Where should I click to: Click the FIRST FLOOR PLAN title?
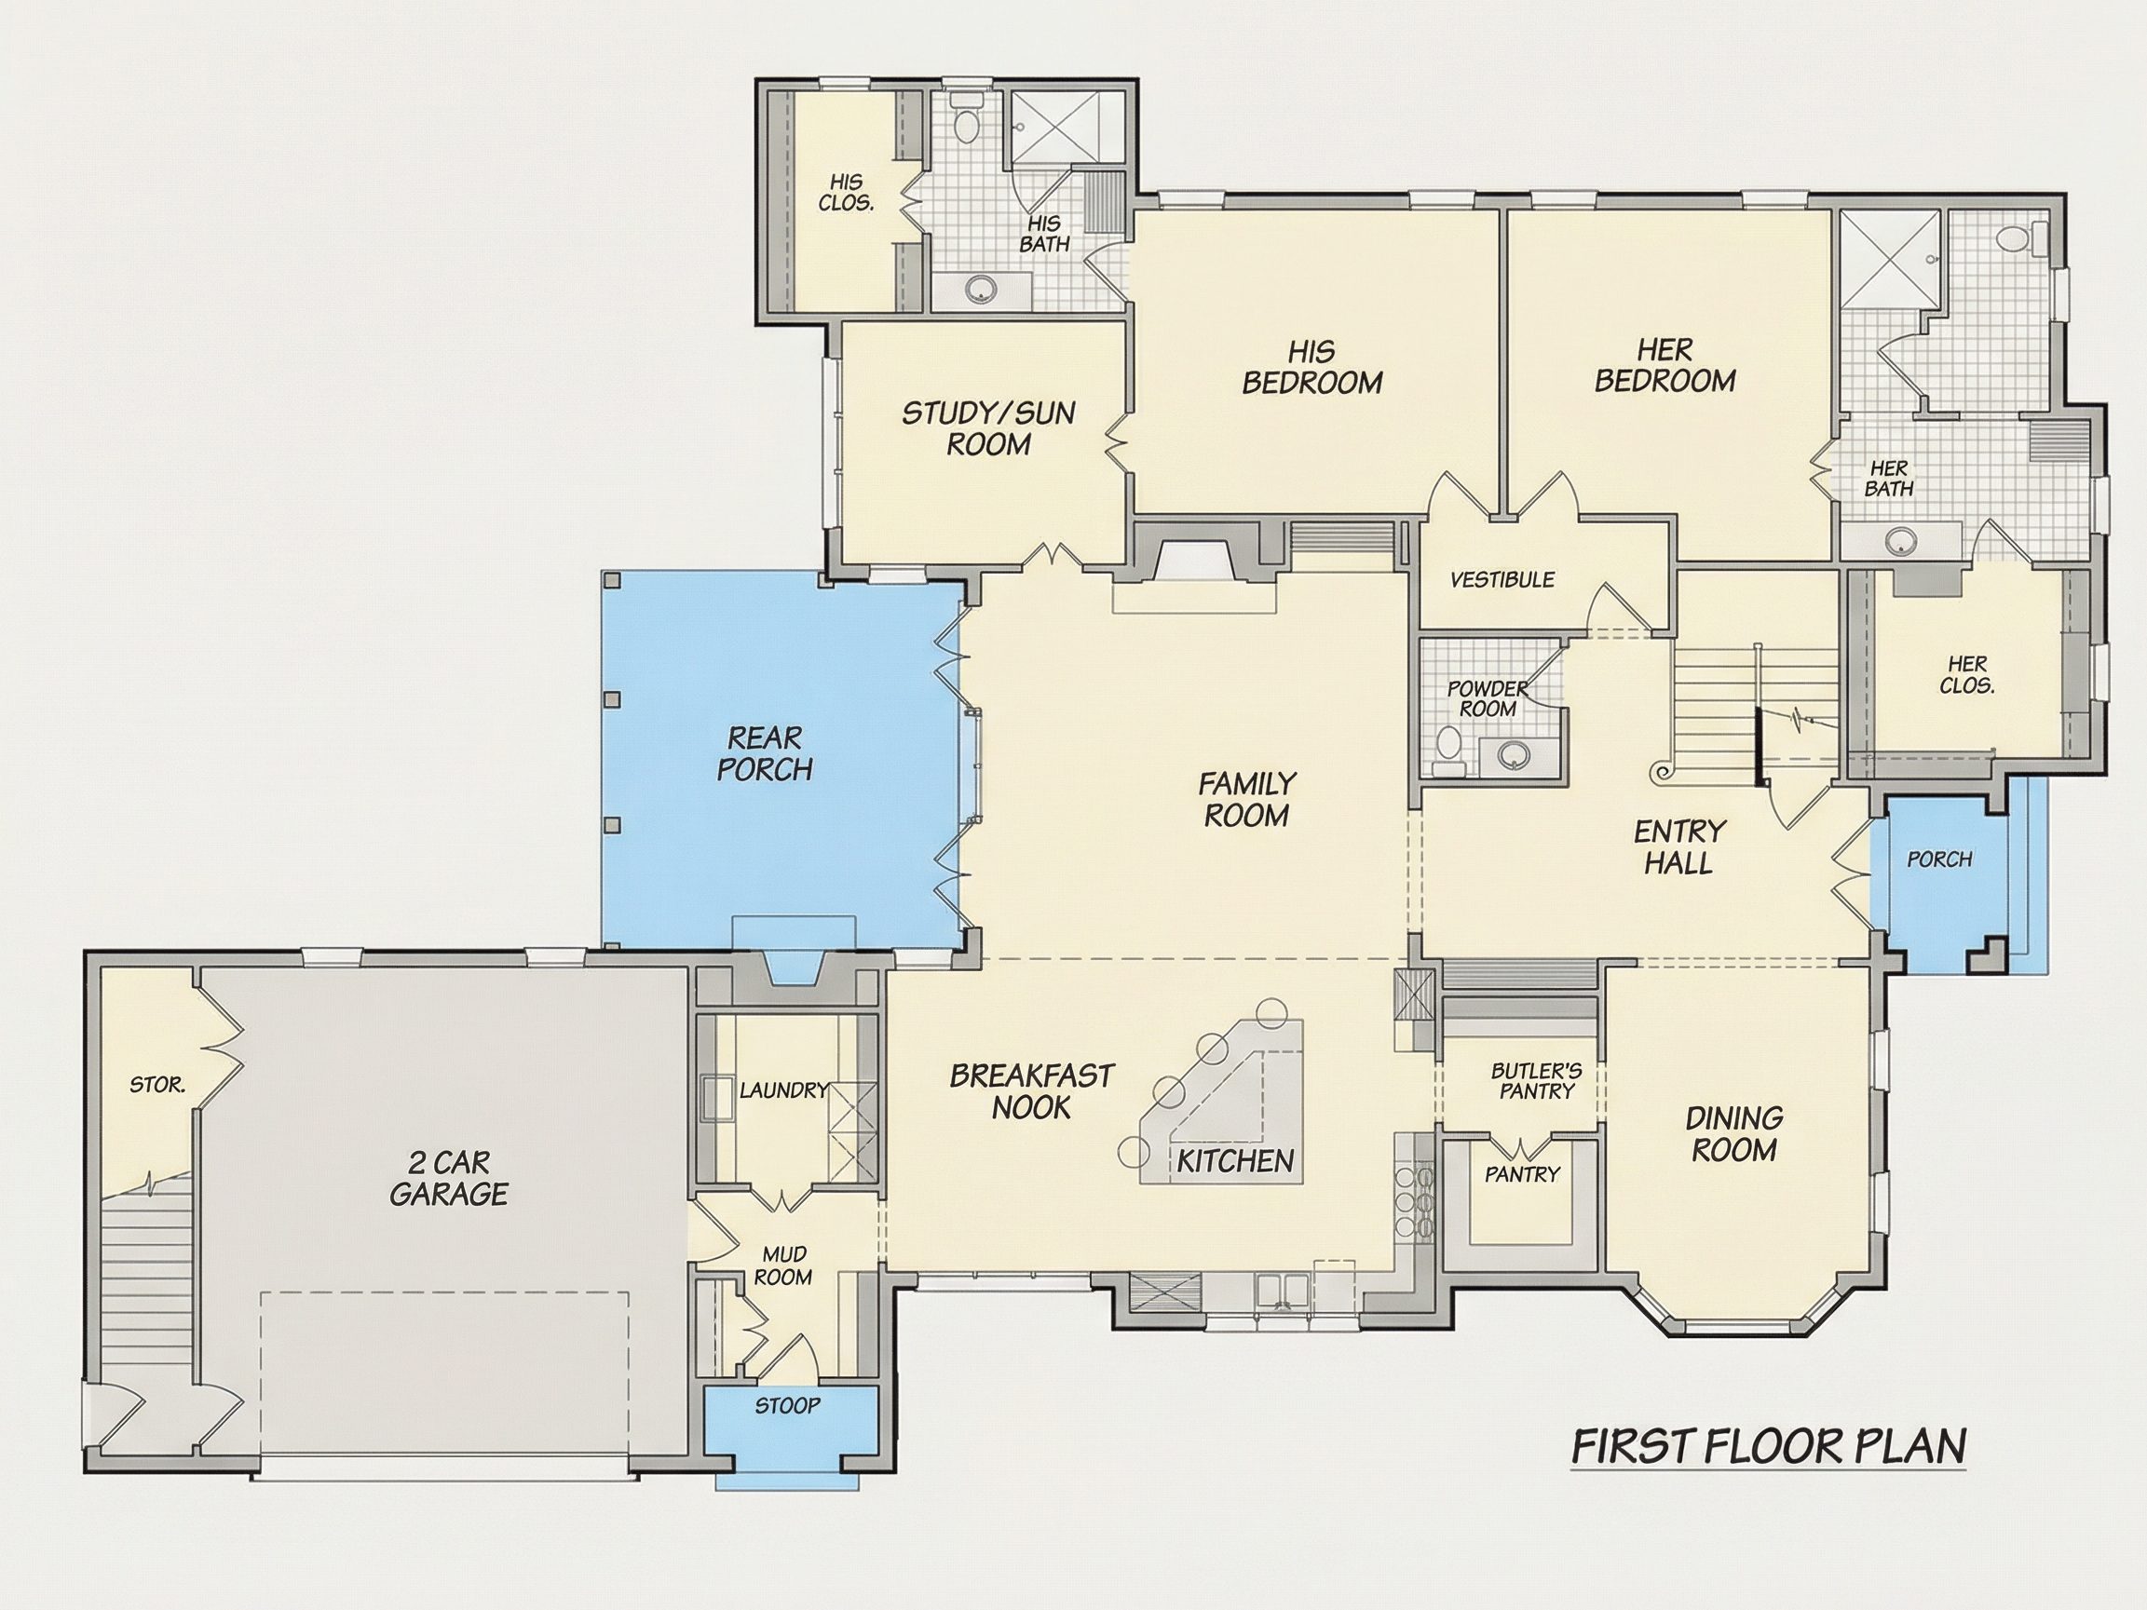coord(1769,1472)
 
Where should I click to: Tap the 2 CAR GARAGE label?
coord(448,1177)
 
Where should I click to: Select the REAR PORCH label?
coord(765,753)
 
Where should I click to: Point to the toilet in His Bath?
coord(966,120)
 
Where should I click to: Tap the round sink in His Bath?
coord(983,287)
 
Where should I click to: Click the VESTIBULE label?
coord(1502,579)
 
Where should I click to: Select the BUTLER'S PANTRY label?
coord(1537,1081)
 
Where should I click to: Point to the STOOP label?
coord(787,1405)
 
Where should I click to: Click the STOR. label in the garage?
coord(157,1085)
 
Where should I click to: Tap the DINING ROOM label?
coord(1733,1133)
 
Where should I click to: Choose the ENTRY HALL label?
coord(1679,846)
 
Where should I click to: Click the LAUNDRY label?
coord(783,1089)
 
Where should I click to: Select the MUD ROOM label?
coord(782,1266)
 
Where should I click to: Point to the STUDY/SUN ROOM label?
coord(988,428)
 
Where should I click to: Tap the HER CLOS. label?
coord(1967,674)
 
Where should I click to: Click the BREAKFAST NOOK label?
coord(1032,1090)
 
